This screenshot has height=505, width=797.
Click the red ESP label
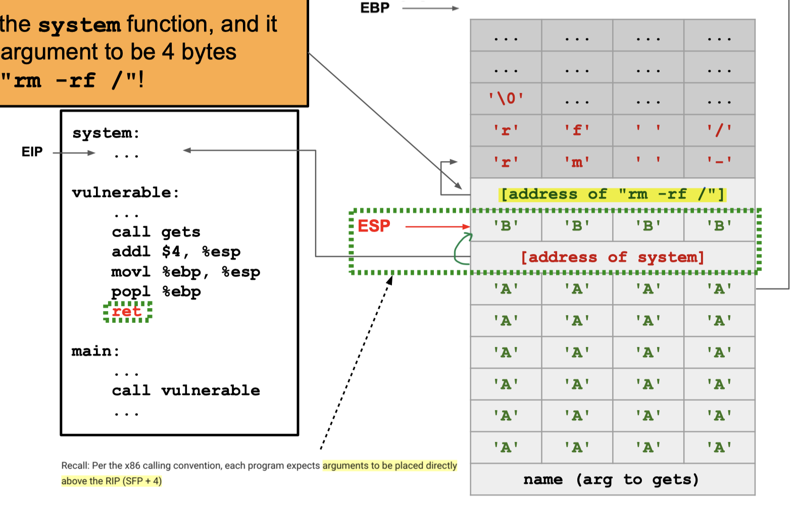[x=374, y=226]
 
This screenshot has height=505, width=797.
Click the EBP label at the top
[x=375, y=8]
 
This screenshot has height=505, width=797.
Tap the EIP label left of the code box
[x=32, y=151]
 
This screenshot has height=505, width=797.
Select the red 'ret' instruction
[x=127, y=311]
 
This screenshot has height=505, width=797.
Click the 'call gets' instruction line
[x=156, y=232]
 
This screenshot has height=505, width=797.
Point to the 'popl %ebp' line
[x=156, y=291]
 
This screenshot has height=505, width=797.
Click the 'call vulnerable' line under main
[x=186, y=390]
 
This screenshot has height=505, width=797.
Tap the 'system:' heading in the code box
[x=106, y=133]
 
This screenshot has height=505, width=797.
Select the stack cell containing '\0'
[x=506, y=98]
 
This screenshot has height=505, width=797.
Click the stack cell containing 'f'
[x=577, y=130]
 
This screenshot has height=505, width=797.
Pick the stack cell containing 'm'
[x=577, y=162]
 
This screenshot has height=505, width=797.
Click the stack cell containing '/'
[x=719, y=130]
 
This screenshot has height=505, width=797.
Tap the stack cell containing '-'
[x=719, y=162]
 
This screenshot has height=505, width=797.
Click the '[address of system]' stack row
[x=612, y=257]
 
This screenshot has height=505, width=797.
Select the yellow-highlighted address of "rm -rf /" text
[x=612, y=194]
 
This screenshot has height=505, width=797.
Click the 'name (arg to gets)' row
[x=611, y=479]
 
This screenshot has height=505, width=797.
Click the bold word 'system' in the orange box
[x=79, y=25]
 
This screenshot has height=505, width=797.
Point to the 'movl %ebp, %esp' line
[x=185, y=272]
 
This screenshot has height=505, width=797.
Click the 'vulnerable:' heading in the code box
[x=125, y=192]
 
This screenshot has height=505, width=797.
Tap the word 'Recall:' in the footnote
[x=75, y=466]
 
